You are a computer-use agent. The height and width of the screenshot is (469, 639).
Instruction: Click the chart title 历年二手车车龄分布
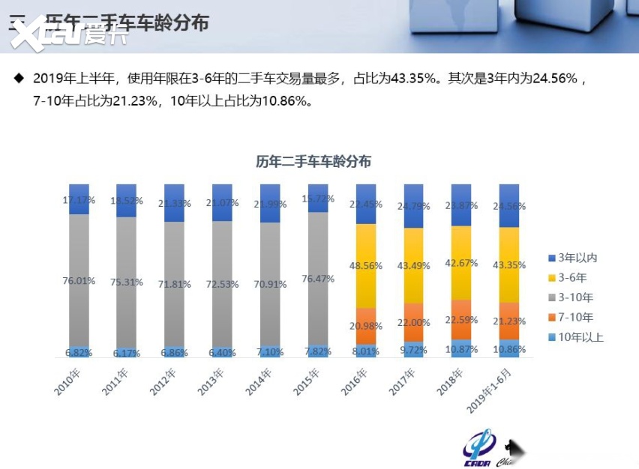click(x=313, y=161)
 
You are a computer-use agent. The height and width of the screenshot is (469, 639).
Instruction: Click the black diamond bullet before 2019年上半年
click(x=19, y=77)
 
